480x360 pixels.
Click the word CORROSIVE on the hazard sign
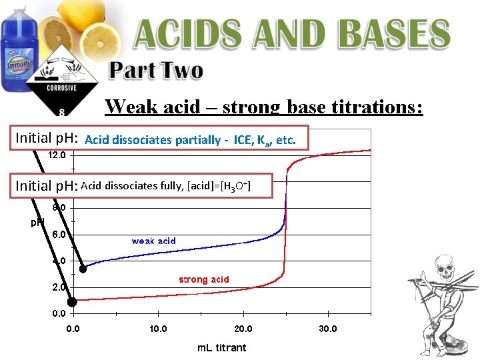click(x=61, y=87)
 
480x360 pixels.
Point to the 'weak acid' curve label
click(x=153, y=241)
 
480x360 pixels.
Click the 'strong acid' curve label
click(x=203, y=279)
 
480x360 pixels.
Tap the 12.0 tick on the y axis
click(x=57, y=155)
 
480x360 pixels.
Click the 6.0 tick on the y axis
click(x=59, y=234)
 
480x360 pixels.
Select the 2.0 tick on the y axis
click(x=59, y=287)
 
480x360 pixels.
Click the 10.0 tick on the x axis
click(x=158, y=329)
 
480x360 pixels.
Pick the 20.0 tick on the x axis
click(x=243, y=329)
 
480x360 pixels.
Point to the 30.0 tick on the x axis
click(x=328, y=329)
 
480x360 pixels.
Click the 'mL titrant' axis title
click(x=222, y=347)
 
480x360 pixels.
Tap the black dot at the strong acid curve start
click(x=73, y=301)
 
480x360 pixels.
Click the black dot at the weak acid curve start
click(x=83, y=269)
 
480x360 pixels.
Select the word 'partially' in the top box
click(x=197, y=140)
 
